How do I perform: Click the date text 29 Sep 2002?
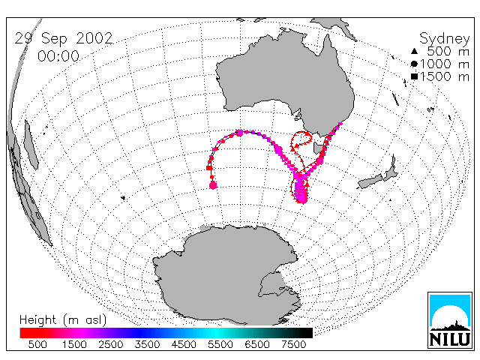click(x=64, y=38)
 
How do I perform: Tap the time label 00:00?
click(x=58, y=56)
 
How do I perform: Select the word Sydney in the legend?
click(x=445, y=39)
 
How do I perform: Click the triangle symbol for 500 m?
click(x=414, y=51)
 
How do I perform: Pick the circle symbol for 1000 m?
click(x=414, y=64)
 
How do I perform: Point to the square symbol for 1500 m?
click(x=414, y=76)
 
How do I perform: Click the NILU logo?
click(x=450, y=320)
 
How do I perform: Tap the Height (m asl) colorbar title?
click(x=63, y=320)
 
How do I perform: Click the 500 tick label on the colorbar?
click(x=37, y=344)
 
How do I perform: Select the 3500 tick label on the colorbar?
click(x=147, y=344)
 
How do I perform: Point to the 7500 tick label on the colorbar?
click(x=293, y=344)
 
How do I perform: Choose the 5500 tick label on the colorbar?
click(x=220, y=344)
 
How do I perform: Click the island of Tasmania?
click(x=317, y=148)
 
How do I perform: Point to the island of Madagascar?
click(x=31, y=145)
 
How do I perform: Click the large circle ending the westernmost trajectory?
click(x=213, y=185)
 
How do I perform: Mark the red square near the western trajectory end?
click(x=209, y=168)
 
